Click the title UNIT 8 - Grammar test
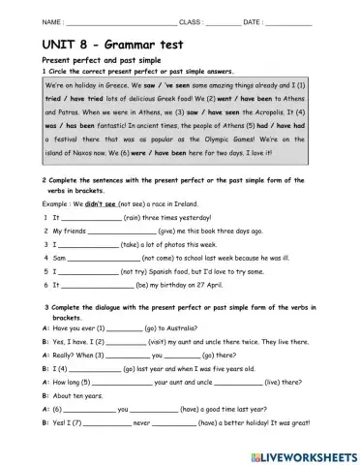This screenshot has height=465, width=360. pyautogui.click(x=107, y=44)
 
